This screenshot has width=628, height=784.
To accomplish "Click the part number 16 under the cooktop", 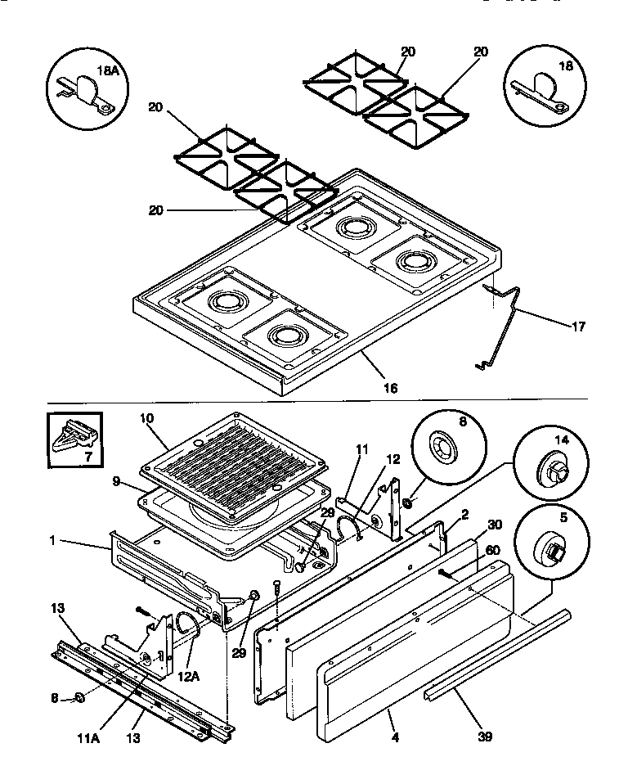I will [391, 387].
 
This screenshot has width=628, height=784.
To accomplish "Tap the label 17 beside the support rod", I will [578, 327].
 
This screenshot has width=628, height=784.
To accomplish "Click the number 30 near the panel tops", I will [495, 525].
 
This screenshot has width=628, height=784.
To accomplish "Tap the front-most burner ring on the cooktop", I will [285, 335].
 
